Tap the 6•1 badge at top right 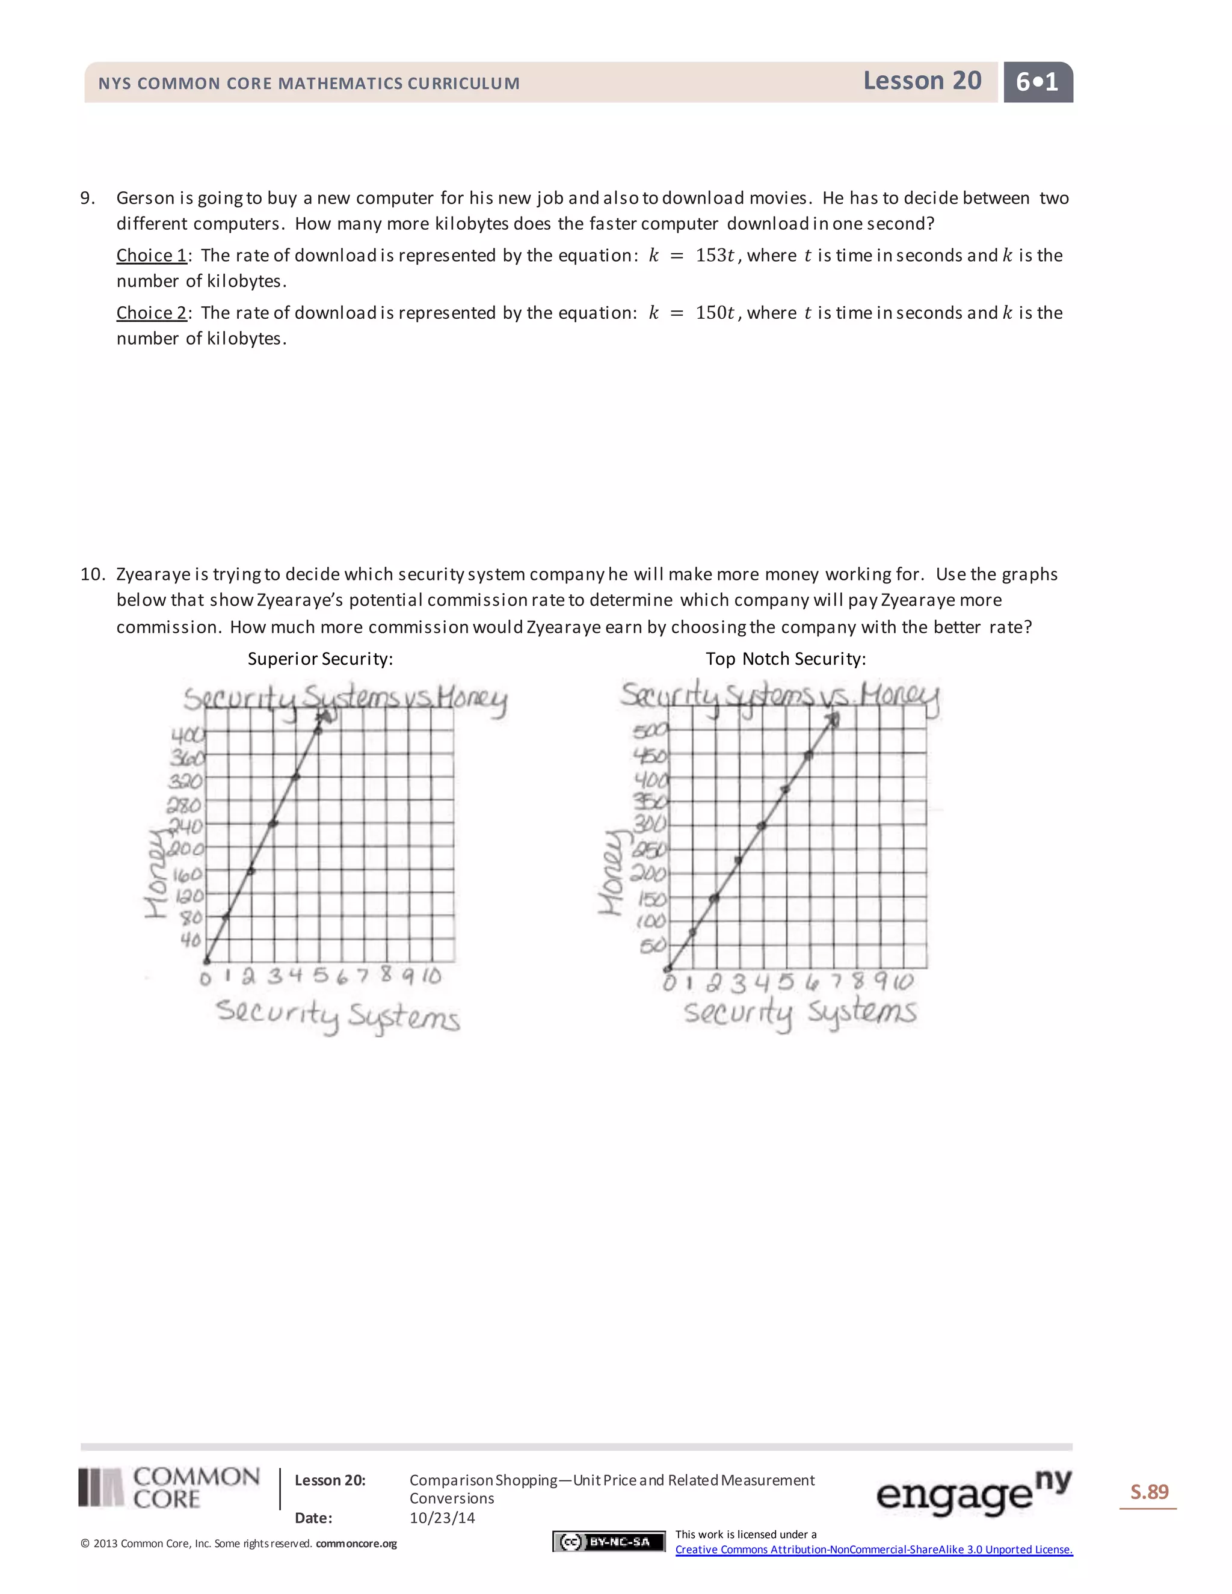(x=1037, y=82)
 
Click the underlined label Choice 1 (x=152, y=256)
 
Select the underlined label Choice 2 (x=152, y=313)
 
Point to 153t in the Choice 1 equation (x=715, y=256)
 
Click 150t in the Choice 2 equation (x=715, y=313)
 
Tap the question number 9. (x=88, y=198)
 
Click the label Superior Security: (x=319, y=659)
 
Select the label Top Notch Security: (x=785, y=659)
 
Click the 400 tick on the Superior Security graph (x=188, y=734)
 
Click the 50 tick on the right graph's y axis (x=653, y=946)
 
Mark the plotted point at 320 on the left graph (x=295, y=777)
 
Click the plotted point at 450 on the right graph (x=808, y=755)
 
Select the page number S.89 (x=1149, y=1492)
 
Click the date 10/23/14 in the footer (x=442, y=1518)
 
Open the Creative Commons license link (x=873, y=1549)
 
